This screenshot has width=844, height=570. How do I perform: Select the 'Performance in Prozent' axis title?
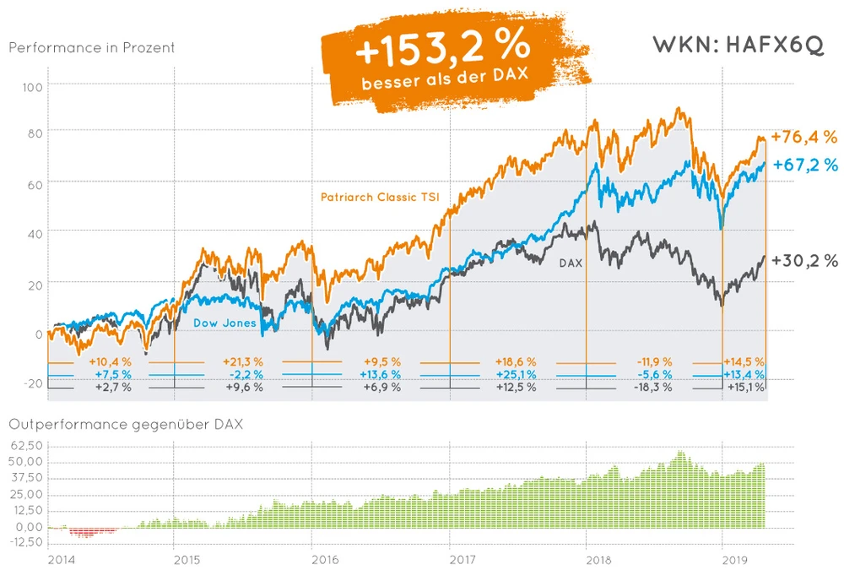[92, 47]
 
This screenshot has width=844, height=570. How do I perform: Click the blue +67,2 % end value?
[805, 165]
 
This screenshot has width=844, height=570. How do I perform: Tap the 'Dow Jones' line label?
[224, 323]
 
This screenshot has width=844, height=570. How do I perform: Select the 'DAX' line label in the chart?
[571, 263]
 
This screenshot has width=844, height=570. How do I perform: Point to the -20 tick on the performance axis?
[33, 383]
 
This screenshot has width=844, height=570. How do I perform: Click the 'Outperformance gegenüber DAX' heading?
[125, 424]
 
